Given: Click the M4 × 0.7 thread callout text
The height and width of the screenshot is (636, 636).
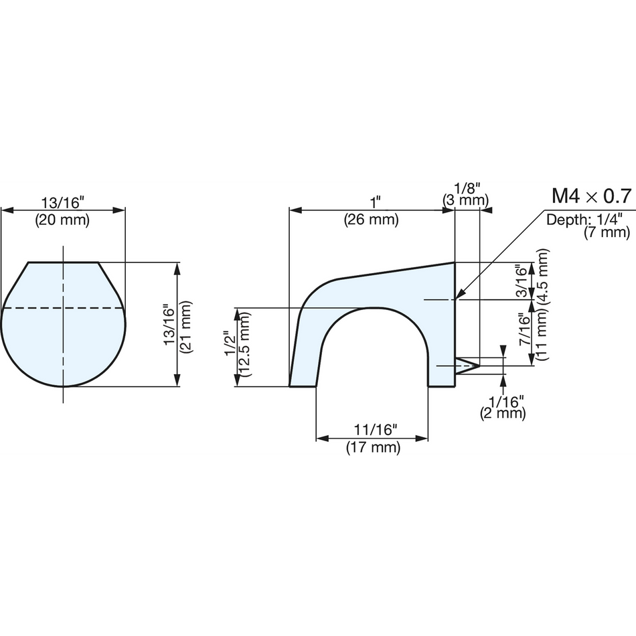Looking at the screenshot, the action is click(x=592, y=196).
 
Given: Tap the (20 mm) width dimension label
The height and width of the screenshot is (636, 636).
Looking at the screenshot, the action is click(x=62, y=220).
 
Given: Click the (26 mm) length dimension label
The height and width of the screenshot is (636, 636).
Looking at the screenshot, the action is click(x=372, y=220).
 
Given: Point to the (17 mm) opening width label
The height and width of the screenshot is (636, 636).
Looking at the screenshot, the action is click(x=373, y=447).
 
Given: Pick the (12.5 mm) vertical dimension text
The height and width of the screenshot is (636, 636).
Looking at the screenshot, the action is click(x=245, y=344).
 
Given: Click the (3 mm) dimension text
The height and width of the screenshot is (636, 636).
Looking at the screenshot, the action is click(x=465, y=200).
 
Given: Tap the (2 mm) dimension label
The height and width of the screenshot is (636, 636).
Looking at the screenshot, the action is click(x=503, y=413).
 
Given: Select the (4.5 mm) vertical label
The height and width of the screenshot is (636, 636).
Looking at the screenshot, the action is click(x=542, y=276).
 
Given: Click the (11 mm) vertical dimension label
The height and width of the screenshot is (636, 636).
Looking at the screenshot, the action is click(x=542, y=335).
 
